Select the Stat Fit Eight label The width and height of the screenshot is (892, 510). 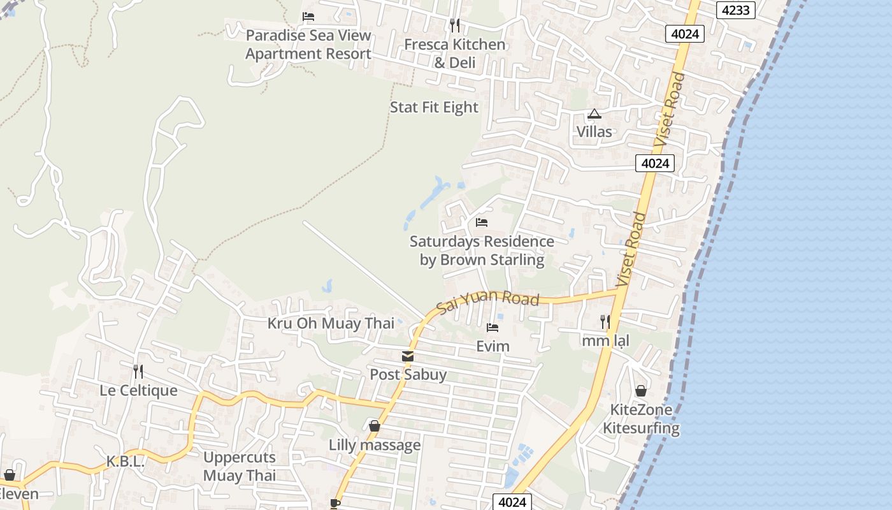click(434, 107)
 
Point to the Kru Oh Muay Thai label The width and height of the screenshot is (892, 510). click(331, 323)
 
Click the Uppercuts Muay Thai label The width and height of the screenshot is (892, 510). click(240, 466)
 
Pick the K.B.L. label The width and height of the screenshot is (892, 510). click(126, 462)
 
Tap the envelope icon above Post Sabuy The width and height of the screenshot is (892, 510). click(408, 356)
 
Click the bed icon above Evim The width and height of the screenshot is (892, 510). click(493, 328)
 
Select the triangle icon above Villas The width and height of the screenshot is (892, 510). click(594, 114)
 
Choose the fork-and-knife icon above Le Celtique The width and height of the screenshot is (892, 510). click(138, 371)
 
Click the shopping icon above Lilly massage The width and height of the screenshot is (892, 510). click(375, 426)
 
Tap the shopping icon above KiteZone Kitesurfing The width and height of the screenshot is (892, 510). click(641, 391)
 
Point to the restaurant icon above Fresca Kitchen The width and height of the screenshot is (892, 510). click(455, 25)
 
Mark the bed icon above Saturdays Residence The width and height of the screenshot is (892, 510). click(482, 222)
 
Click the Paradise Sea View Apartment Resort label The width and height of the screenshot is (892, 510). click(308, 45)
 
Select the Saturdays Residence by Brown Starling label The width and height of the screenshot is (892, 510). click(482, 251)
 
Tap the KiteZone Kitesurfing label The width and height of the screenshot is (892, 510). click(641, 419)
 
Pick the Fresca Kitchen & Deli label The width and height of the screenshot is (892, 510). click(455, 53)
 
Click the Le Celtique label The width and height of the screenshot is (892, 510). click(138, 390)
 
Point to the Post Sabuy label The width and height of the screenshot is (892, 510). click(408, 374)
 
